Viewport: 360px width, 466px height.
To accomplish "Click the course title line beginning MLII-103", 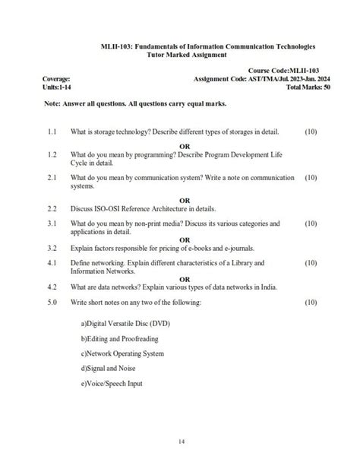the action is (208, 46).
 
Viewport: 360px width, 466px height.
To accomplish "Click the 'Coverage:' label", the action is (57, 79).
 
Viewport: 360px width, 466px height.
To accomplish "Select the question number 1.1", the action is (52, 132).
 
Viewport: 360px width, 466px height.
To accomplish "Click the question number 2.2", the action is (52, 208).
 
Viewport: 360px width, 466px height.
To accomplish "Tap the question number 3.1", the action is (52, 224).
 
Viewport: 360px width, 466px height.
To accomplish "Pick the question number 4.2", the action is (52, 287).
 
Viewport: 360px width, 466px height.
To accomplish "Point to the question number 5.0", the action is (52, 303).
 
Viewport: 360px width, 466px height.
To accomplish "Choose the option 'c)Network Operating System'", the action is (122, 353).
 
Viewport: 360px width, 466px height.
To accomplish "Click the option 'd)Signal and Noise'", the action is (108, 369).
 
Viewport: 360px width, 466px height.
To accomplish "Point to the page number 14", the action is (181, 442).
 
